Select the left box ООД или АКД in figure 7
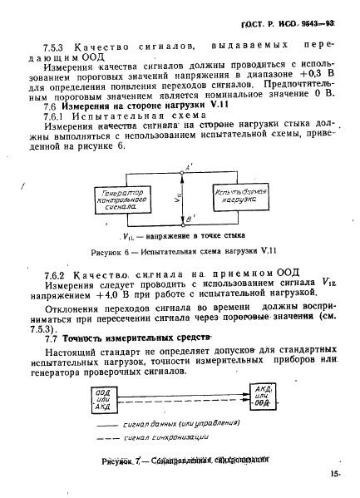coord(103,395)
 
